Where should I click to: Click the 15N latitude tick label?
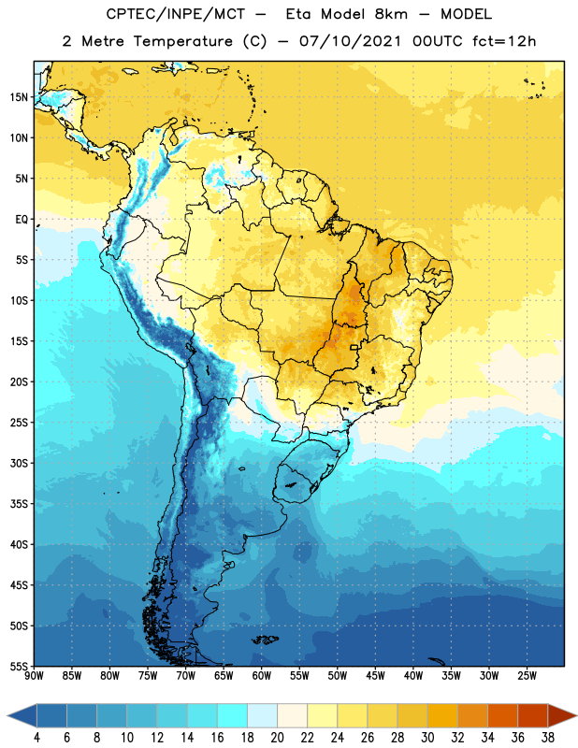pos(19,97)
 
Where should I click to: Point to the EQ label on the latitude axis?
pos(22,220)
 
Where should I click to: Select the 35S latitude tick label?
pos(19,504)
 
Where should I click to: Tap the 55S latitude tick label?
pos(19,666)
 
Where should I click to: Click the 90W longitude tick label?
pos(34,676)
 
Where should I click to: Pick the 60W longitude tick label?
pos(262,676)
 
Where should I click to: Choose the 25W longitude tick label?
pos(527,676)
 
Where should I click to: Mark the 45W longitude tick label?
pos(375,676)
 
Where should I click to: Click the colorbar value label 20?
pos(277,738)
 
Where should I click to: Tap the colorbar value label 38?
pos(548,738)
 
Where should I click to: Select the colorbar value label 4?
pos(36,738)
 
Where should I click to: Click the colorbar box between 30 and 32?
pos(442,715)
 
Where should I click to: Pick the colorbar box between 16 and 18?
pos(232,715)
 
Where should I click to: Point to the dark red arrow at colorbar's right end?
pos(562,715)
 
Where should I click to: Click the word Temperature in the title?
pos(182,41)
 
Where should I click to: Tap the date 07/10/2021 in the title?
pos(351,41)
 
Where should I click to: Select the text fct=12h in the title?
pos(504,41)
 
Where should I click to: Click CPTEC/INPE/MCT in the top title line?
pos(176,14)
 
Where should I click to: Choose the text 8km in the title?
pos(391,14)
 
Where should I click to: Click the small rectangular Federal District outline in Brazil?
pos(354,347)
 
